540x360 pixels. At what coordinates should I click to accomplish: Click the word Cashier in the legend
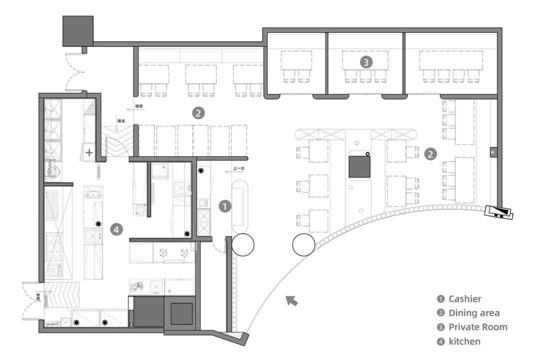[465, 299]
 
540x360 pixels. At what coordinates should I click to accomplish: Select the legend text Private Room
[477, 327]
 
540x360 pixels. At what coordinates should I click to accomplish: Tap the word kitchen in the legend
[464, 341]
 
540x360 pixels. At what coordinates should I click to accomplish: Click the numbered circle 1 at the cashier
[225, 206]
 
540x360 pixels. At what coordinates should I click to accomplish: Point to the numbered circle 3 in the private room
[366, 62]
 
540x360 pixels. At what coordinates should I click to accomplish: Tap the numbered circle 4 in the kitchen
[116, 229]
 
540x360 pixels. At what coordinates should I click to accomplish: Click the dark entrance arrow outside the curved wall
[291, 300]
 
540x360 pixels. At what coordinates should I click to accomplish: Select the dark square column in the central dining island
[359, 166]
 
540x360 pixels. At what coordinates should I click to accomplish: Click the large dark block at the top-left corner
[78, 30]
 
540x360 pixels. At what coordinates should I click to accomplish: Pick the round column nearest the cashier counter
[242, 244]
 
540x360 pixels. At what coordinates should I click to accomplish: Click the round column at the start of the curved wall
[304, 245]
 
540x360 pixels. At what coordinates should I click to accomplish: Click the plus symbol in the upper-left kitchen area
[89, 152]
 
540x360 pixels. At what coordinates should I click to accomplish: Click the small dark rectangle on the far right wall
[492, 150]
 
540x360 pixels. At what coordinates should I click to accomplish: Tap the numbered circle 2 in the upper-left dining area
[198, 113]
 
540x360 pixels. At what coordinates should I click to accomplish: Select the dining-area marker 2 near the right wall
[430, 154]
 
